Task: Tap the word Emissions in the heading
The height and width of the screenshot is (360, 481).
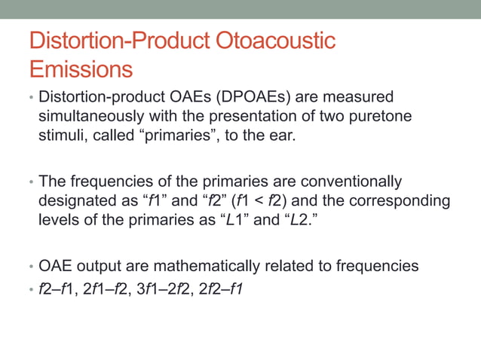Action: coord(81,69)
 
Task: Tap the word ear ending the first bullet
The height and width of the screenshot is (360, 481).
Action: coord(308,138)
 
